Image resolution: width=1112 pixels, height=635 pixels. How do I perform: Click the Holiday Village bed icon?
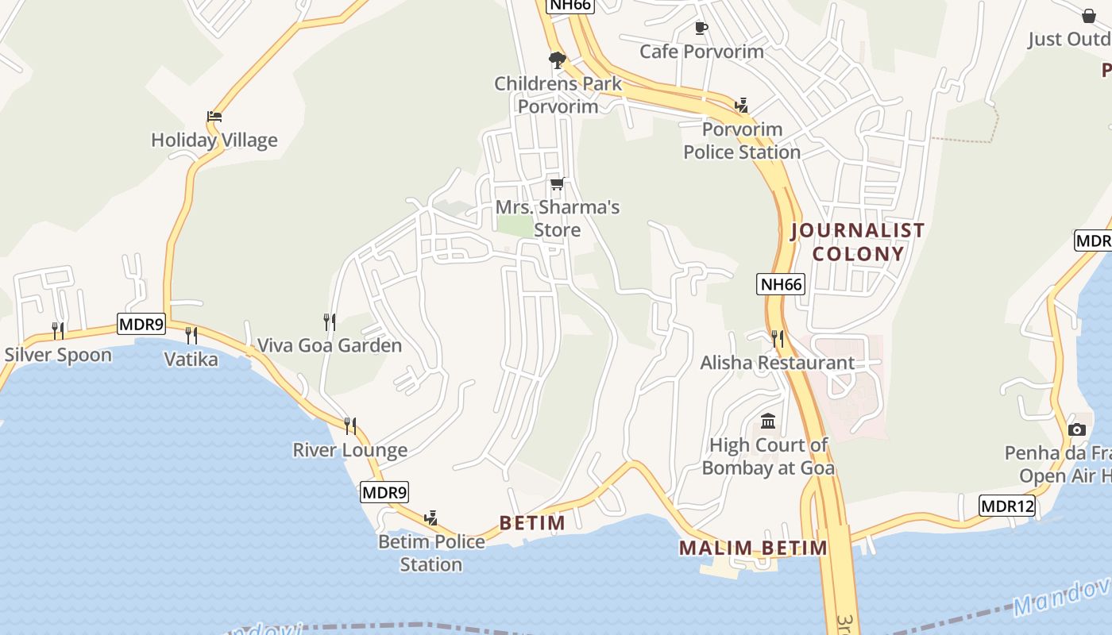pyautogui.click(x=214, y=117)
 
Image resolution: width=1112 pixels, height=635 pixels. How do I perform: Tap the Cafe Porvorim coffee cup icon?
pyautogui.click(x=701, y=29)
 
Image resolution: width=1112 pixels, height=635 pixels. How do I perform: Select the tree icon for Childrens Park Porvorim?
pyautogui.click(x=558, y=60)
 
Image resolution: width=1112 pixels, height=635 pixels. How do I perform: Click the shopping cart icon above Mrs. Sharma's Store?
pyautogui.click(x=558, y=184)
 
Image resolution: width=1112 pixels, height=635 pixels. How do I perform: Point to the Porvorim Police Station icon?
pyautogui.click(x=742, y=106)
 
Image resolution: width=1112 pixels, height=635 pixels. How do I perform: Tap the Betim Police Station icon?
pyautogui.click(x=431, y=518)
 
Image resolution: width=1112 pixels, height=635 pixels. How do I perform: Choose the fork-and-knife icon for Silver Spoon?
pyautogui.click(x=58, y=330)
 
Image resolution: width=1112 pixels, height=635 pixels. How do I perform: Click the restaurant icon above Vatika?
pyautogui.click(x=191, y=335)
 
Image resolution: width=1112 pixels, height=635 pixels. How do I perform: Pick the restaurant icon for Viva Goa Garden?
pyautogui.click(x=330, y=321)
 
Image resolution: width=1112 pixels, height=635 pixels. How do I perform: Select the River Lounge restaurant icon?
pyautogui.click(x=350, y=426)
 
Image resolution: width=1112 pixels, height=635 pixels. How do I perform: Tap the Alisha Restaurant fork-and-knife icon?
pyautogui.click(x=778, y=339)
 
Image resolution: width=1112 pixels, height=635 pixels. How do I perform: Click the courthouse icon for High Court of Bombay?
pyautogui.click(x=768, y=421)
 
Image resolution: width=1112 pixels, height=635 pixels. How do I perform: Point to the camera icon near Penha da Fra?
pyautogui.click(x=1077, y=429)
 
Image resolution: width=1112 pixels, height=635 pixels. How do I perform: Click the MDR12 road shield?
pyautogui.click(x=1007, y=506)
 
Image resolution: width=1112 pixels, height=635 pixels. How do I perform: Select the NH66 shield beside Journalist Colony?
pyautogui.click(x=782, y=284)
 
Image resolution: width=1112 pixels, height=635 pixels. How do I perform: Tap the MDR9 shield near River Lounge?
pyautogui.click(x=384, y=492)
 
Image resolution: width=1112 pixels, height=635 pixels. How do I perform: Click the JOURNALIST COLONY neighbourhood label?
pyautogui.click(x=858, y=242)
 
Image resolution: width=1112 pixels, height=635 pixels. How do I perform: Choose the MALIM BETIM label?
pyautogui.click(x=753, y=548)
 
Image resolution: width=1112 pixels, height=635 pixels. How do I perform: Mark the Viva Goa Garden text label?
pyautogui.click(x=330, y=345)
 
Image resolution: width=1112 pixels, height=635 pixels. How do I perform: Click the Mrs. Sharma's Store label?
pyautogui.click(x=558, y=218)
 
